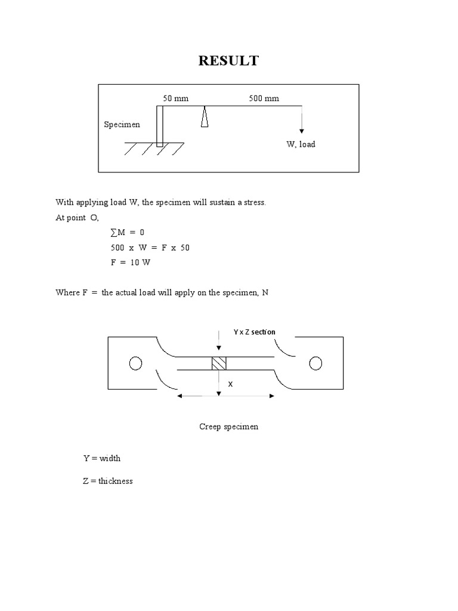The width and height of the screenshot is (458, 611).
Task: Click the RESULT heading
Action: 228,61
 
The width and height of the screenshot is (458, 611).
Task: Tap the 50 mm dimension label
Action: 175,98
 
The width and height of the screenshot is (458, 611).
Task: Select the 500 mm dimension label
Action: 264,98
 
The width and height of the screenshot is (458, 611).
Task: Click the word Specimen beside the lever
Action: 122,125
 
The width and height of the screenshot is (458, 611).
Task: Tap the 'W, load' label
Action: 301,144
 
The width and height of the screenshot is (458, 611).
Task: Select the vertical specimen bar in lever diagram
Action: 159,126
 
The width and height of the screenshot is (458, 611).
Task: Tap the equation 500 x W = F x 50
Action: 146,248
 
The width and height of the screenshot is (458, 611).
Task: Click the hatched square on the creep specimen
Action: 219,363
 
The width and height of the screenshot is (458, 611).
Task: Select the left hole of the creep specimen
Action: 135,363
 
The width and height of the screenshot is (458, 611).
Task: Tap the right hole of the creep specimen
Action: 315,363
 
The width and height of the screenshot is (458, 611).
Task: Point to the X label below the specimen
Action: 230,385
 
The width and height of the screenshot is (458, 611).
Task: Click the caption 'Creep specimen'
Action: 228,427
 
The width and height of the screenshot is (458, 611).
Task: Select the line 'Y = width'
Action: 101,458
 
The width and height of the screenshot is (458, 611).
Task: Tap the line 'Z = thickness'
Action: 108,480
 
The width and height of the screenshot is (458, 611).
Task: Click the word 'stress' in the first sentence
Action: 253,202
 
